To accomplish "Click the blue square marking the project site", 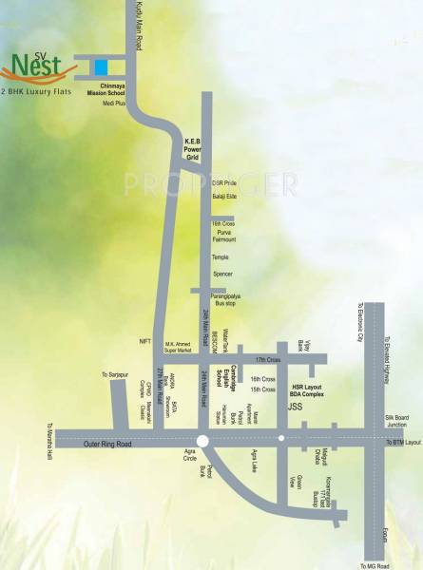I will click(101, 66).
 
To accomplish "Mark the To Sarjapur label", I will click(114, 376).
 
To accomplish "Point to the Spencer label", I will click(222, 274).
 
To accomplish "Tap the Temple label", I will click(221, 256).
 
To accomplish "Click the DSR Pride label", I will click(224, 180).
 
